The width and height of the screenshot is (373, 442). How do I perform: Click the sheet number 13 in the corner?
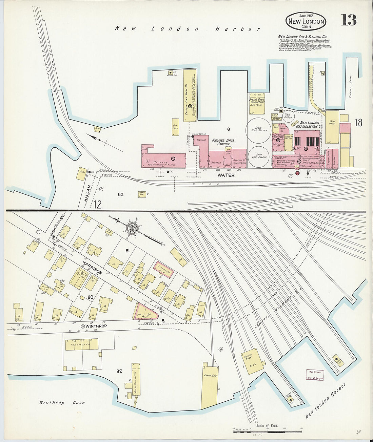coord(349,20)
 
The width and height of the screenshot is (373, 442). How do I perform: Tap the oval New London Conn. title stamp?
coord(306,21)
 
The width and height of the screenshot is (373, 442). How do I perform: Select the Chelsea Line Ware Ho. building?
coord(190,96)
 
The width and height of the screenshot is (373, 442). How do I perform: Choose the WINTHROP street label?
coord(96,326)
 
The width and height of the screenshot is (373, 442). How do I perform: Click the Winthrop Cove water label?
coord(61,403)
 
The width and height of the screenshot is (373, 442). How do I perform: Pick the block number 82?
coord(119,371)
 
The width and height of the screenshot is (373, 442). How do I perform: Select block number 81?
coord(127,251)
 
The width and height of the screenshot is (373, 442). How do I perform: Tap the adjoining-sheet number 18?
coord(358,123)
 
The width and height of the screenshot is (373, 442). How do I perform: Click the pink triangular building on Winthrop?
coord(146,312)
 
